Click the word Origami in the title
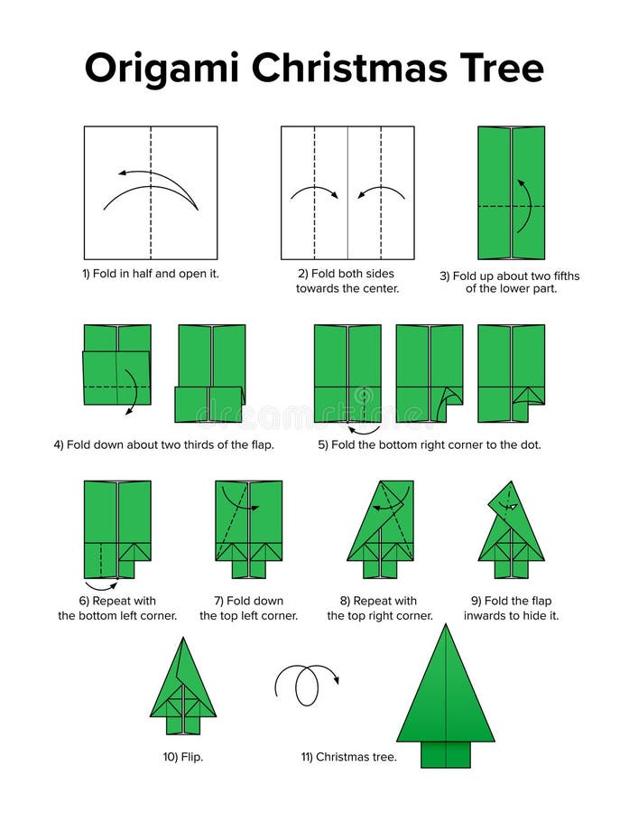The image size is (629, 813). (x=162, y=69)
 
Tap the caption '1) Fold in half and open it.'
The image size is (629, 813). (x=151, y=273)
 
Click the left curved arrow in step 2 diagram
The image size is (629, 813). (x=314, y=192)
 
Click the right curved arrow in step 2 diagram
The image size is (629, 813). (x=381, y=192)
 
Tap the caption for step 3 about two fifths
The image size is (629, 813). (x=510, y=282)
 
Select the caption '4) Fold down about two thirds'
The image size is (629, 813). (x=163, y=444)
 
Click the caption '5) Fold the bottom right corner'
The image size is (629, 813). (x=430, y=444)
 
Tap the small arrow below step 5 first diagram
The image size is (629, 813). (x=364, y=430)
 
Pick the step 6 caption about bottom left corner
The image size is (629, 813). (x=117, y=608)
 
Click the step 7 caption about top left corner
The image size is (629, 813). (x=248, y=608)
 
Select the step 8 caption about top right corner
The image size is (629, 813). (x=380, y=608)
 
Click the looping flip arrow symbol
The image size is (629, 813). (x=306, y=685)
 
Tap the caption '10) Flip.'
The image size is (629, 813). (x=183, y=757)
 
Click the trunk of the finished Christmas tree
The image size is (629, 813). (x=445, y=754)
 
